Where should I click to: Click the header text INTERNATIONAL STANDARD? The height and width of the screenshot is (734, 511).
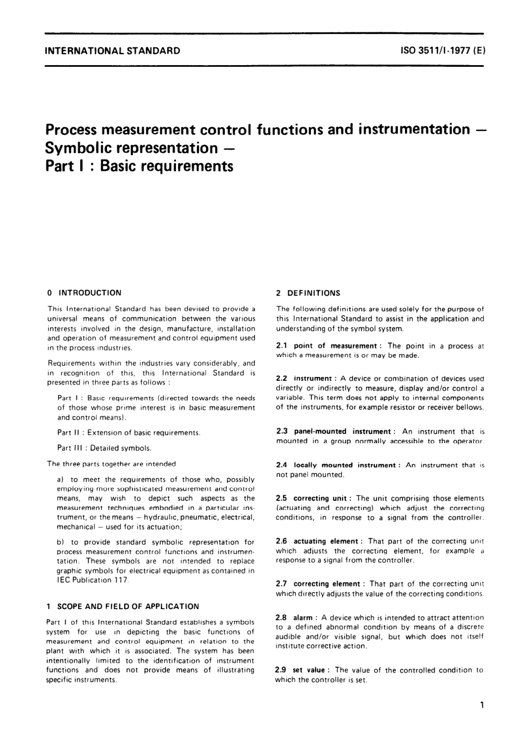point(113,52)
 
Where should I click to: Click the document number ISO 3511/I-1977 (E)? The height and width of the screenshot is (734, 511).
point(443,52)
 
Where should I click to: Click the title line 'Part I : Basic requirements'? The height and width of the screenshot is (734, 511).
point(140,165)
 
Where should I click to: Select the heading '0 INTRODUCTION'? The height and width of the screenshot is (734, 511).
point(84,293)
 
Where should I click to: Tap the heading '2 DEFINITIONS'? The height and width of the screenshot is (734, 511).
point(308,293)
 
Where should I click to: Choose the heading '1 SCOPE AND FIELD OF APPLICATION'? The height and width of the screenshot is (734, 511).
point(123,606)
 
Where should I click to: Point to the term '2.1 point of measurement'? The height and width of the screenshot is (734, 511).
point(327,346)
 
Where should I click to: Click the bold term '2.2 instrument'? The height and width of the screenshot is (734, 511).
point(303,379)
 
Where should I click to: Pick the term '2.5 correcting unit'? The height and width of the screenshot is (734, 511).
point(314,498)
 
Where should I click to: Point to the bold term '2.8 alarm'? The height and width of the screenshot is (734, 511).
point(295,618)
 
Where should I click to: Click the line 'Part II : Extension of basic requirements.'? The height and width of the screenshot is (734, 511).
point(129,432)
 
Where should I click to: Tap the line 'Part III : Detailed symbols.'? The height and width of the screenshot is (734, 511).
point(104,448)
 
